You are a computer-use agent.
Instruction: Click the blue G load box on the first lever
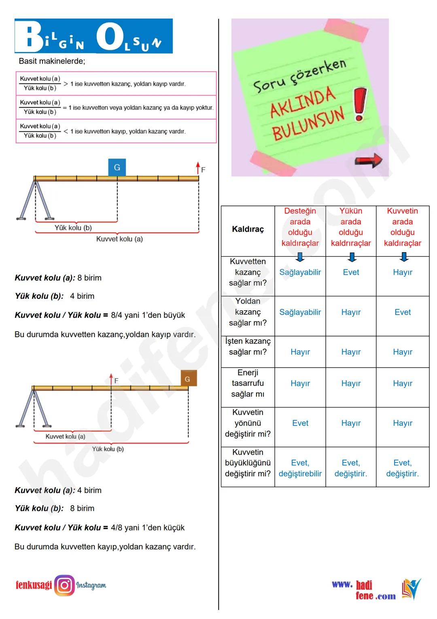pyautogui.click(x=117, y=167)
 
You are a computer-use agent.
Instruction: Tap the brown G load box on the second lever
pyautogui.click(x=188, y=379)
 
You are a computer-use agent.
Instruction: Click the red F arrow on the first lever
pyautogui.click(x=198, y=168)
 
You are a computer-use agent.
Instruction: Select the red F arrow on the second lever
pyautogui.click(x=111, y=379)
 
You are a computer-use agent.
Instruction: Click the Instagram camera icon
pyautogui.click(x=65, y=585)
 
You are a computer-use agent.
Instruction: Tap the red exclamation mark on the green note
pyautogui.click(x=360, y=104)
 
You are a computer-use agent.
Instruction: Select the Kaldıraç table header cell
pyautogui.click(x=248, y=229)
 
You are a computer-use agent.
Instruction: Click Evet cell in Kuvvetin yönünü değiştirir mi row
pyautogui.click(x=300, y=423)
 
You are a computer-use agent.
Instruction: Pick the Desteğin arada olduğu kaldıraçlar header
pyautogui.click(x=300, y=227)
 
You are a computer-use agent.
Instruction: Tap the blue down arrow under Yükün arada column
pyautogui.click(x=352, y=257)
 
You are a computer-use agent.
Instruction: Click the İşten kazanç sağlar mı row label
pyautogui.click(x=248, y=347)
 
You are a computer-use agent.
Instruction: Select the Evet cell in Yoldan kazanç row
pyautogui.click(x=402, y=312)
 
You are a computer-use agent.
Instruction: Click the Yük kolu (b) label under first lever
pyautogui.click(x=73, y=228)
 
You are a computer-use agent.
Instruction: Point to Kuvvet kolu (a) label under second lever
pyautogui.click(x=65, y=437)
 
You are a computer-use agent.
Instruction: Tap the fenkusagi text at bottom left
pyautogui.click(x=34, y=585)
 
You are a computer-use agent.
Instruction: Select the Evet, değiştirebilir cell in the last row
pyautogui.click(x=300, y=468)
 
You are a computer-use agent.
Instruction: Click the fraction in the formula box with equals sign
pyautogui.click(x=40, y=107)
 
